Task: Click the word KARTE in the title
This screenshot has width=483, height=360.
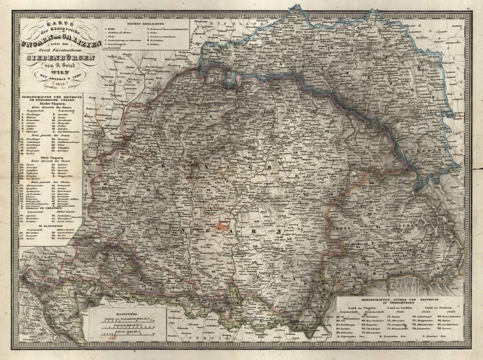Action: click(x=57, y=22)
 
